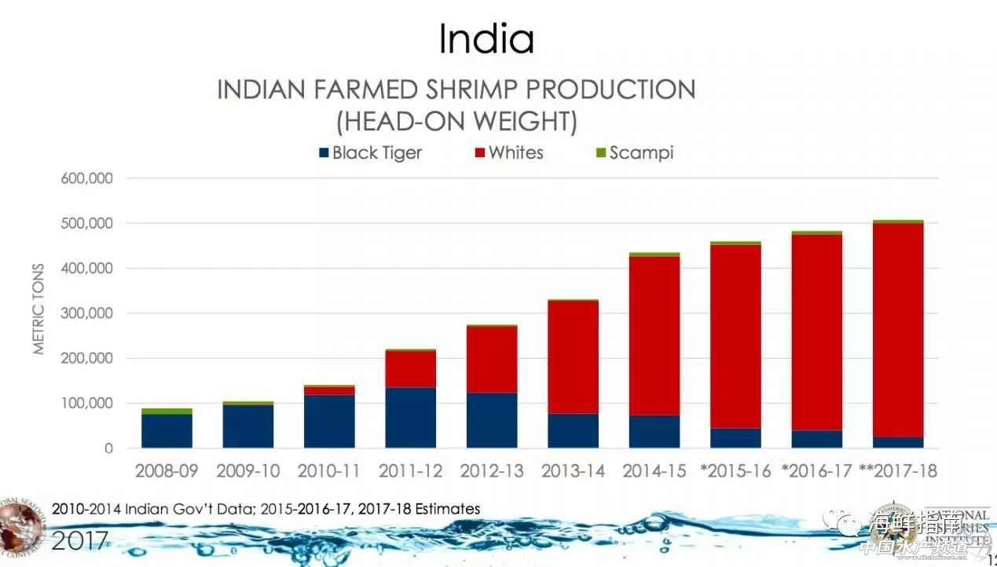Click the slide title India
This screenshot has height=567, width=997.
point(486,39)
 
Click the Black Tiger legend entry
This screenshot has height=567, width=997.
point(369,152)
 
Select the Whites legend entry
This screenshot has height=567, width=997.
point(508,152)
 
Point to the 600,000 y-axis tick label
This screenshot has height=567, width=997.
point(87,178)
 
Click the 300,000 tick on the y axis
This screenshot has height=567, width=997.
point(87,313)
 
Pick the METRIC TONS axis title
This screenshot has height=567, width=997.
point(39,308)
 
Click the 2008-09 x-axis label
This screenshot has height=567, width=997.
point(167,471)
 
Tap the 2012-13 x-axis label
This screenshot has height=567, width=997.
point(492,471)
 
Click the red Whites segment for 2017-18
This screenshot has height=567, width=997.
point(898,330)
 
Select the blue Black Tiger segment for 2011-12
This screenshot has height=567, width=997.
point(410,418)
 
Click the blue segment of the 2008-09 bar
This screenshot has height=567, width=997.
point(167,431)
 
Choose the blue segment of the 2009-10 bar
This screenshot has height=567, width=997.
point(248,426)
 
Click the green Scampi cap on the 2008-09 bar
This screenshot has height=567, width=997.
point(167,411)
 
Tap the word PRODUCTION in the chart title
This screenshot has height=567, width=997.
point(600,90)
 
